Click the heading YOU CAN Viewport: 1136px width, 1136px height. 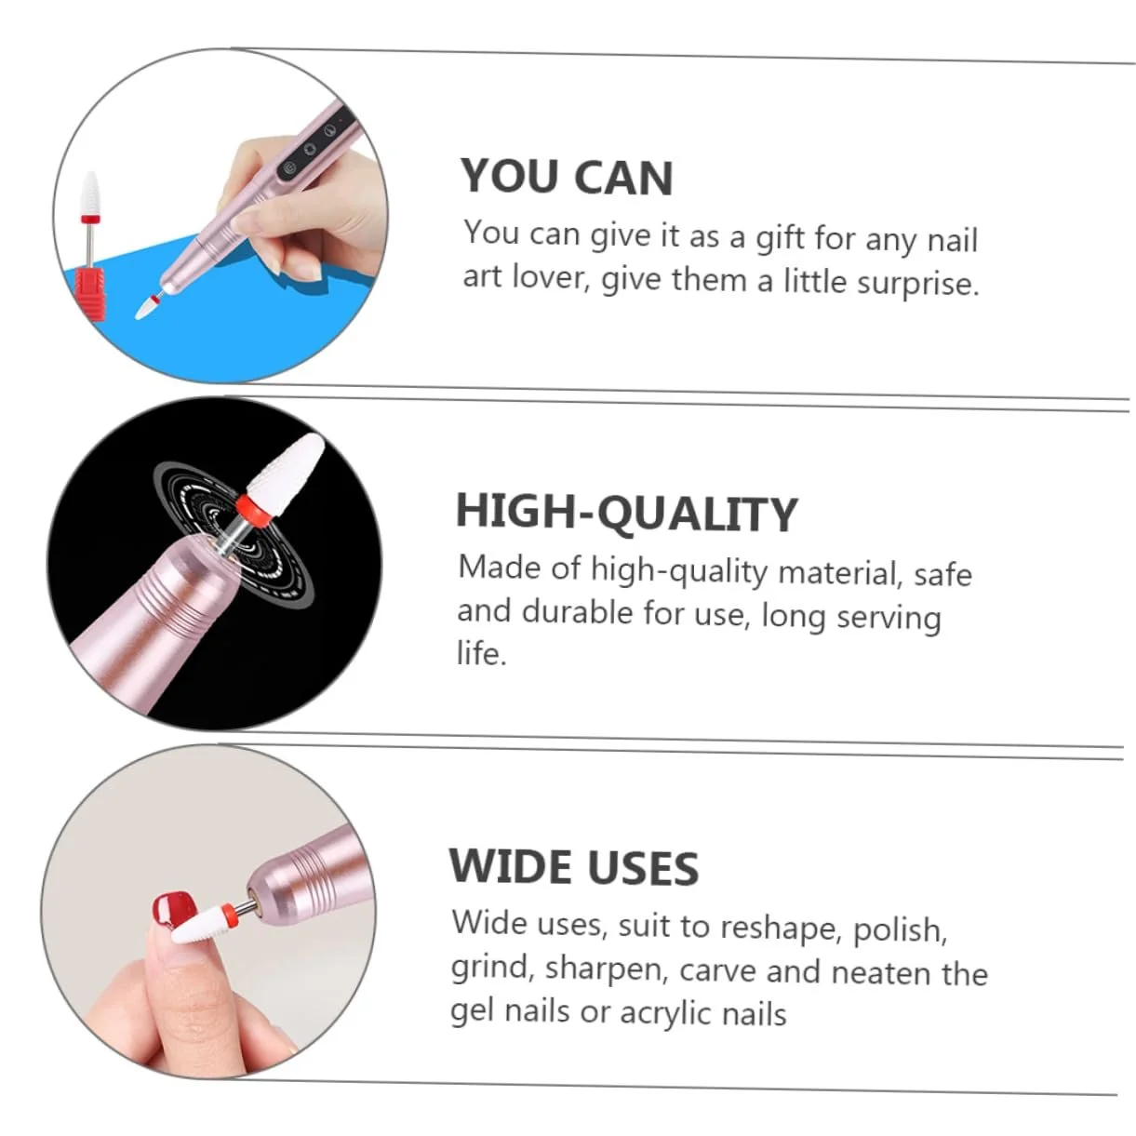point(567,177)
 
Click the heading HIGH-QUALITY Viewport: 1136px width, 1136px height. point(626,513)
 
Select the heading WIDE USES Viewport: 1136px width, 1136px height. point(573,867)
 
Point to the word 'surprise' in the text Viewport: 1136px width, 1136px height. point(916,283)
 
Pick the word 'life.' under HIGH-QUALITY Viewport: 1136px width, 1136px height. point(481,653)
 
